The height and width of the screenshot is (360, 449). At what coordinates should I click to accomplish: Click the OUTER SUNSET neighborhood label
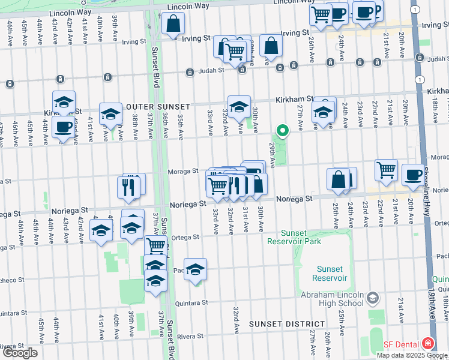pos(151,106)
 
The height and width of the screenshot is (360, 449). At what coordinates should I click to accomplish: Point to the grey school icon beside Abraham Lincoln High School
pos(372,298)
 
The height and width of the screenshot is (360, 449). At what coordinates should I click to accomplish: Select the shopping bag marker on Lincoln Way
pos(173,24)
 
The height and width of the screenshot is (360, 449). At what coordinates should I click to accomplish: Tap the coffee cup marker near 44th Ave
pos(64,127)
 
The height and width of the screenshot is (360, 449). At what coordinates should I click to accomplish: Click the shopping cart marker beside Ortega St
pos(156,245)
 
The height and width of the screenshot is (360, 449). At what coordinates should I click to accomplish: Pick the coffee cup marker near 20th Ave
pos(412,174)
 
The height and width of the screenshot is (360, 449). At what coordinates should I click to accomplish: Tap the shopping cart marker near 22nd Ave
pos(386,169)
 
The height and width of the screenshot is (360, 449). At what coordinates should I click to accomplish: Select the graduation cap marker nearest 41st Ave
pos(101,230)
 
